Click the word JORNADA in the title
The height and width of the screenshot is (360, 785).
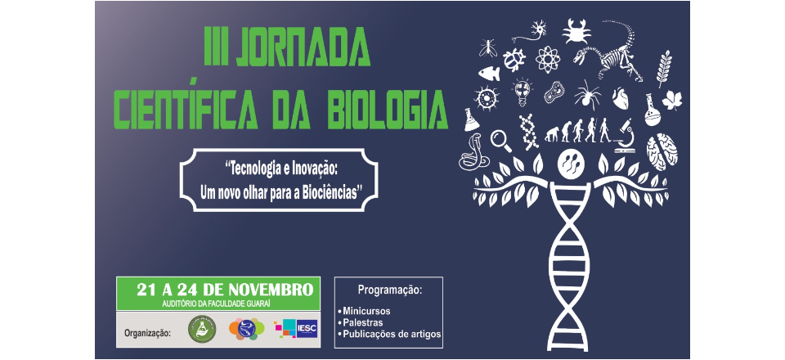(303, 46)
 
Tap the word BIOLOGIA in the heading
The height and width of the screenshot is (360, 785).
(388, 109)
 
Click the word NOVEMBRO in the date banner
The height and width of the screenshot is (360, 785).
(271, 290)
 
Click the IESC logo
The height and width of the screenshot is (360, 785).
(296, 328)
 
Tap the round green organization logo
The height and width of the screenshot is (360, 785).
(202, 329)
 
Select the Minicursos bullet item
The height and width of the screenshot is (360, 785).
(364, 311)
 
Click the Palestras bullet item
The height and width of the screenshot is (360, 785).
(360, 322)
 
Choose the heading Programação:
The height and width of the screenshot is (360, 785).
(390, 290)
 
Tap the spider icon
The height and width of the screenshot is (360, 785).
(587, 95)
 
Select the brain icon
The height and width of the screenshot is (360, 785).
(662, 151)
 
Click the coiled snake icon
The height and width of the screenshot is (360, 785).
(473, 153)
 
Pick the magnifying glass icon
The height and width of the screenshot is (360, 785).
(501, 141)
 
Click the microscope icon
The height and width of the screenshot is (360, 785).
(625, 136)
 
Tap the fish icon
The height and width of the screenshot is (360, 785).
(489, 74)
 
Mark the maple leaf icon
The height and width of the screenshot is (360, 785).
(672, 100)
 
